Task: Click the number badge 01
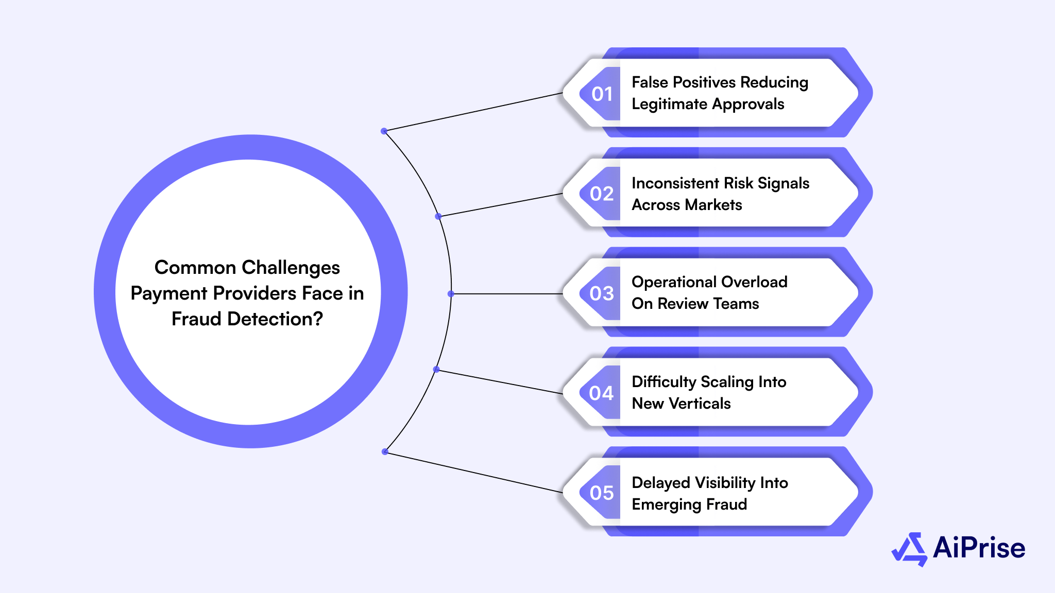pos(601,94)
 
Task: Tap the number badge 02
pos(601,194)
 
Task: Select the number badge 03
pos(601,294)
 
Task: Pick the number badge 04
pos(601,394)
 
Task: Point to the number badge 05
pos(601,493)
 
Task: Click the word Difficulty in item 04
pos(664,382)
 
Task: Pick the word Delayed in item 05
pos(661,483)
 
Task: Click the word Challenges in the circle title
pos(291,268)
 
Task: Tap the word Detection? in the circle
pos(275,319)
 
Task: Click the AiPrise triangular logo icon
pos(909,549)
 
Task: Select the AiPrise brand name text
pos(979,548)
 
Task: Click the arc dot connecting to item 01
pos(384,131)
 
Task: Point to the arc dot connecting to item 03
pos(451,294)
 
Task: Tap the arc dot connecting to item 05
pos(385,452)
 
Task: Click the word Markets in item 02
pos(712,205)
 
